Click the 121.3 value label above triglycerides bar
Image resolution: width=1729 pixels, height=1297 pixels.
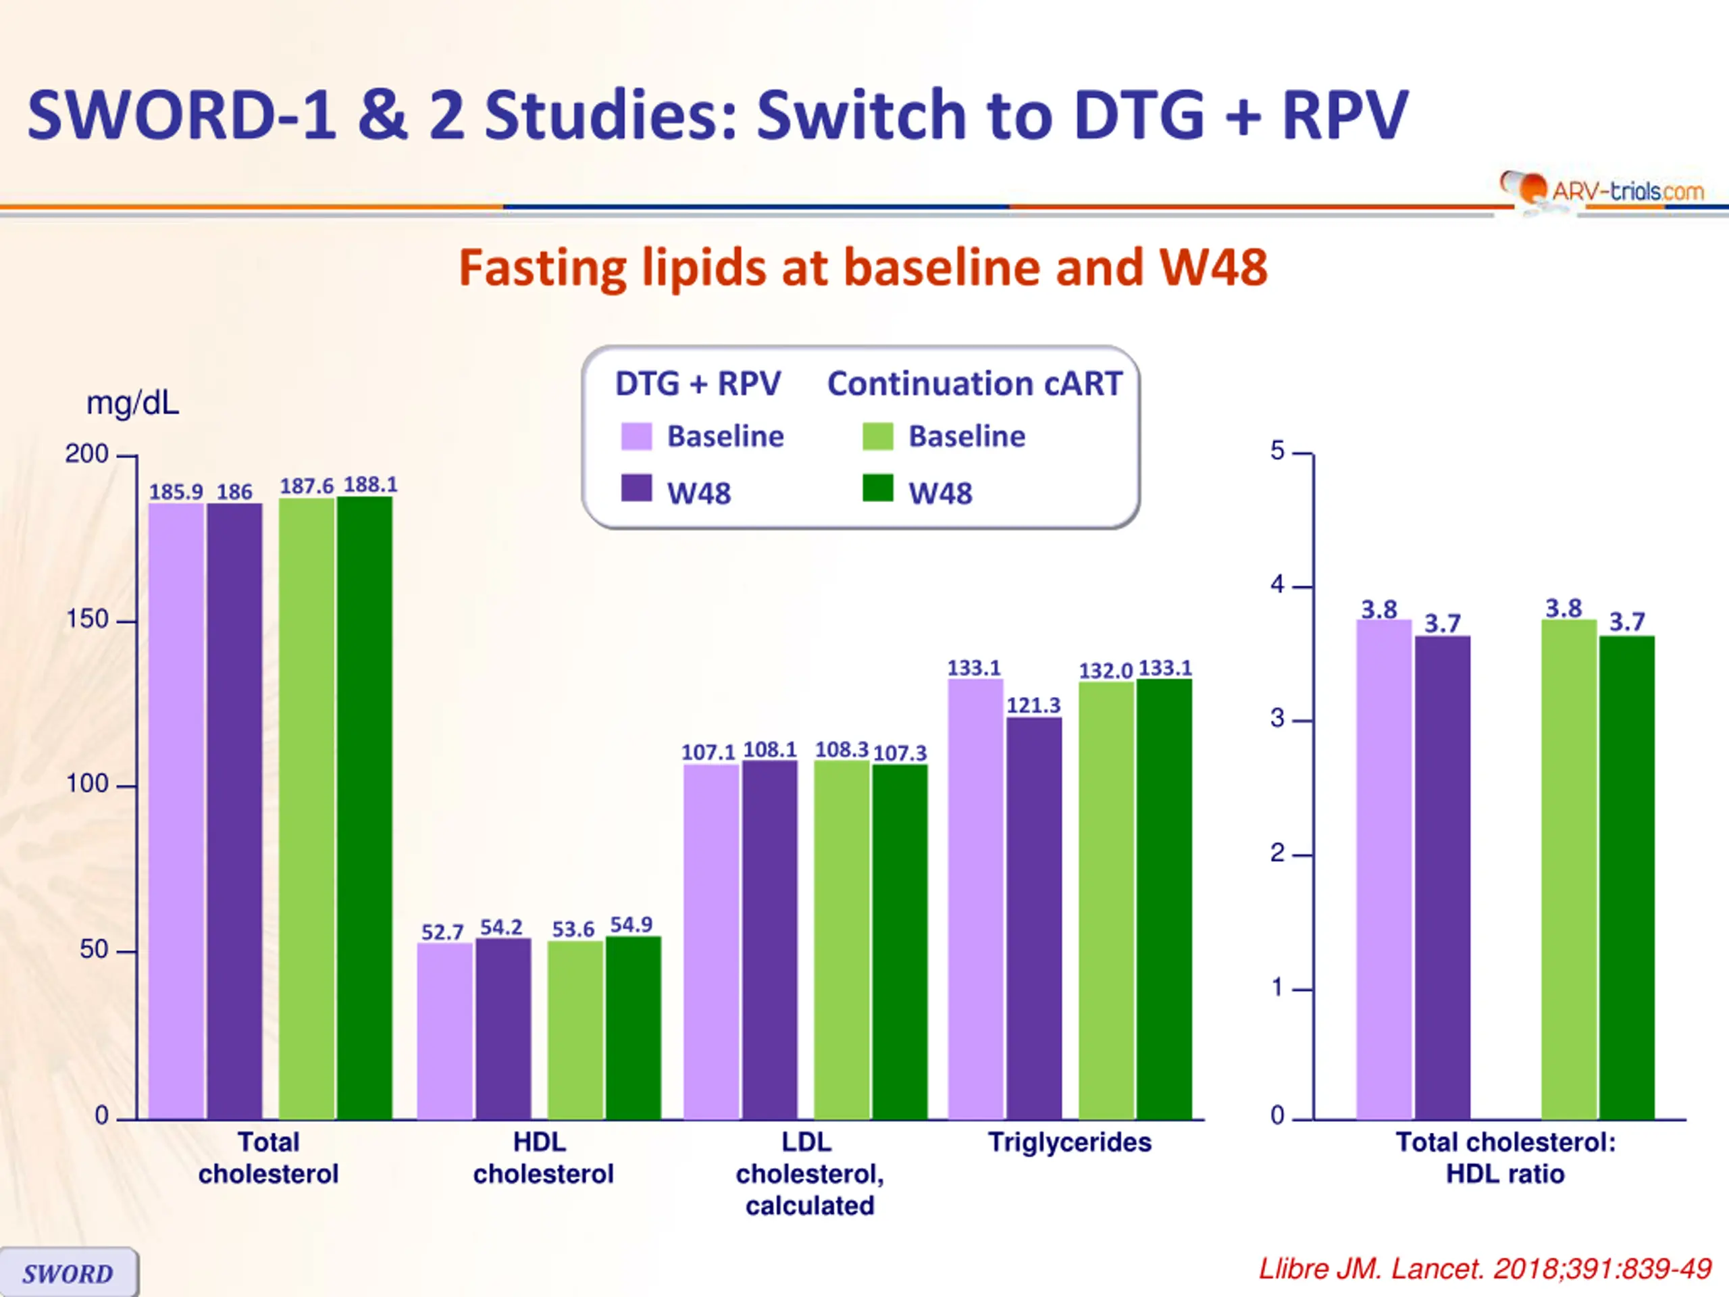coord(1033,705)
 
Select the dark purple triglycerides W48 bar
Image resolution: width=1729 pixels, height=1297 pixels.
coord(1034,919)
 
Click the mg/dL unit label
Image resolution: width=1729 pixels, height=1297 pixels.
coord(132,403)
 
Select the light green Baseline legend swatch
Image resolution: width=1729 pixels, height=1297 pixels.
coord(878,436)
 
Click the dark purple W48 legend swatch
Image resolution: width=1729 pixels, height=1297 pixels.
coord(636,488)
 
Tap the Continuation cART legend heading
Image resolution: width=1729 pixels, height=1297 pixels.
coord(975,384)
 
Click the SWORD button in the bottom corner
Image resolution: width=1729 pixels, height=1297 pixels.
coord(68,1273)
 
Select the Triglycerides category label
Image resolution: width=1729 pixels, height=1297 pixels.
coord(1069,1142)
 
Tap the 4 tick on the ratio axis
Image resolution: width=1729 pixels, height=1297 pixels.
coord(1277,585)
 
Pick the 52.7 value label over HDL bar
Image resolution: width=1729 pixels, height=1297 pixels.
coord(442,932)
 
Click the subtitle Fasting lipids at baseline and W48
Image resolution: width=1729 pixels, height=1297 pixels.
coord(863,268)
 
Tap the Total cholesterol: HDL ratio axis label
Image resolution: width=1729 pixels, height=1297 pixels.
coord(1505,1158)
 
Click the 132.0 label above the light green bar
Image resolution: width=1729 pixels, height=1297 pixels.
coord(1105,671)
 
